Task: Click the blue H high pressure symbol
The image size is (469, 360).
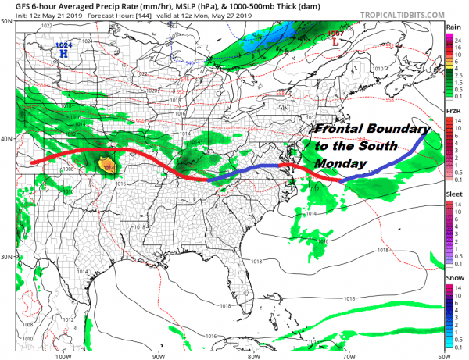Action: (x=63, y=54)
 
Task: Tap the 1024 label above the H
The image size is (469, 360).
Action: (x=63, y=45)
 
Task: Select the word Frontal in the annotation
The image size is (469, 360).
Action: (x=339, y=130)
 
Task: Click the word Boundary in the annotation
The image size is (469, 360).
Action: (x=399, y=130)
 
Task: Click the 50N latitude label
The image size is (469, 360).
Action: (x=6, y=21)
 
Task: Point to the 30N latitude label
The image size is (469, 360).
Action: (x=6, y=257)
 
